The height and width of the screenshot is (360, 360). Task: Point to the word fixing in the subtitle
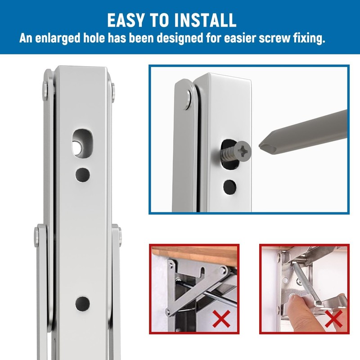click(x=306, y=38)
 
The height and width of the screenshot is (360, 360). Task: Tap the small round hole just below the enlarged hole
click(x=82, y=173)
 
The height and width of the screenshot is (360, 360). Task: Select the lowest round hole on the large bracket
click(x=82, y=302)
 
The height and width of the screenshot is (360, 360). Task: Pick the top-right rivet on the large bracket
click(x=113, y=89)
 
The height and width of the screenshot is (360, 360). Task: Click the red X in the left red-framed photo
click(x=221, y=320)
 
